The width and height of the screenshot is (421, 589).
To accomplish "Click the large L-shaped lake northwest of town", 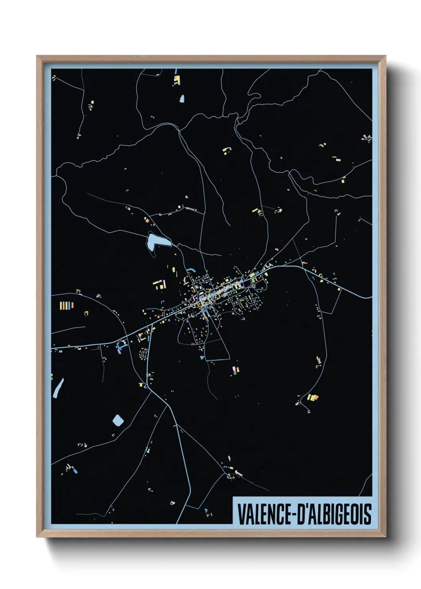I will [155, 240].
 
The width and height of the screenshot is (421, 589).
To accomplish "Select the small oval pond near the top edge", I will [182, 98].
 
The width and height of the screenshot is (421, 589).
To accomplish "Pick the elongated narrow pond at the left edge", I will [58, 388].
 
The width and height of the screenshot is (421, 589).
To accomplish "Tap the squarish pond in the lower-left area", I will [118, 420].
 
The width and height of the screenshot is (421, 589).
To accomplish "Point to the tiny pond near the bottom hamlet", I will [229, 458].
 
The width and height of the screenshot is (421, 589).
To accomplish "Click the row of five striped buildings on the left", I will [66, 305].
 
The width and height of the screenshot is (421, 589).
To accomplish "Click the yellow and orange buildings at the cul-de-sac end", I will [312, 397].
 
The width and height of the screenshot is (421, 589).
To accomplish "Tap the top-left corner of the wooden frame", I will [37, 57].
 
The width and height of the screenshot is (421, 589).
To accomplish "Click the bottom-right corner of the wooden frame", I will [385, 536].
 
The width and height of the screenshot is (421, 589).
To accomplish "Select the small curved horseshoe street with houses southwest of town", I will [143, 353].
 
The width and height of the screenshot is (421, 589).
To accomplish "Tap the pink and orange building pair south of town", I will [236, 370].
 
